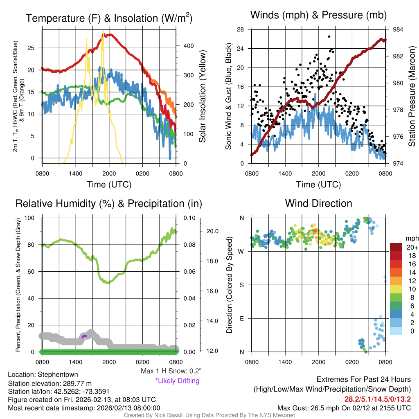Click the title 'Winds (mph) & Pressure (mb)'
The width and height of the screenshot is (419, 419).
point(318,15)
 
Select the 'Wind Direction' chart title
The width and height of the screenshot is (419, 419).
point(318,203)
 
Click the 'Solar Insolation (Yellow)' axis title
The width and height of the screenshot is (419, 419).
point(203,97)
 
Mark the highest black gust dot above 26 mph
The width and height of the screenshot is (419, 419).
point(329,36)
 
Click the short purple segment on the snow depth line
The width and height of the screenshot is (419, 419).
point(84,336)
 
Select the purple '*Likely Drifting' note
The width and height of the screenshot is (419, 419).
point(177,381)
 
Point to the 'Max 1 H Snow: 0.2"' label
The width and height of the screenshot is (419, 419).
point(171,371)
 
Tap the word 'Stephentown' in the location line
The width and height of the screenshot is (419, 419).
point(58,374)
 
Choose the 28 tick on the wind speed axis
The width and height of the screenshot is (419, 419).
point(241,29)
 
